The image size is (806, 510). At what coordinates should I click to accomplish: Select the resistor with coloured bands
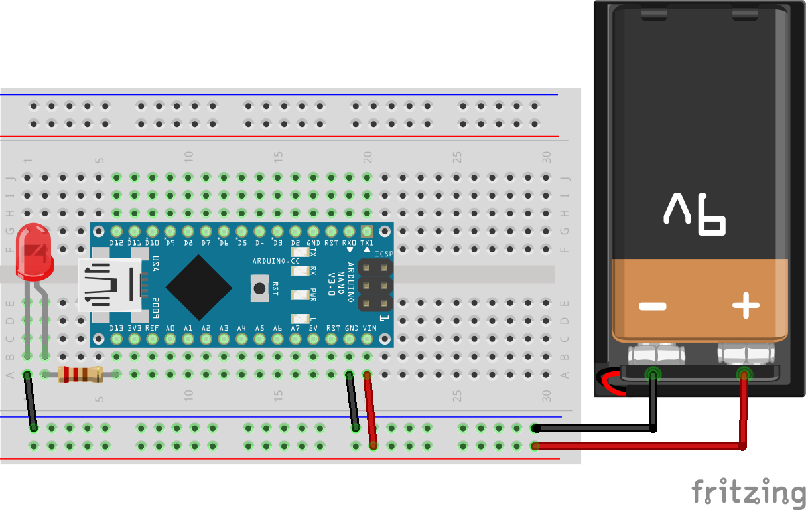80,375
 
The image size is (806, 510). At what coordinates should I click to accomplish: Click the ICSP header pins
375,286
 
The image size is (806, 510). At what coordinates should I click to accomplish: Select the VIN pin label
369,328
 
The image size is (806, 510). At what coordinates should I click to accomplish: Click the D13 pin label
117,328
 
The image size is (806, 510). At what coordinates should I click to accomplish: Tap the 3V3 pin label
135,328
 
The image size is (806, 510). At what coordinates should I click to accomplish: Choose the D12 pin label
117,243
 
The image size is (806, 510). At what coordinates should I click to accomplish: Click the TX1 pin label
367,243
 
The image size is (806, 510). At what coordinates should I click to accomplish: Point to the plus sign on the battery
746,306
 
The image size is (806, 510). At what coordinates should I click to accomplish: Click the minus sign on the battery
652,306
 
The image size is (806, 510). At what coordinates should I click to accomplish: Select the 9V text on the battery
695,216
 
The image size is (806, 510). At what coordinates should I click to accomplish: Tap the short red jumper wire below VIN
370,410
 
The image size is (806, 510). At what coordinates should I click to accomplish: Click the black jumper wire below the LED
31,402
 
